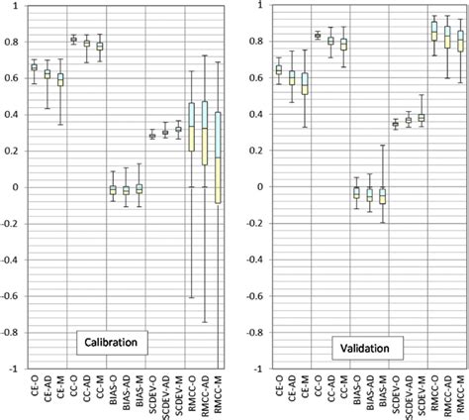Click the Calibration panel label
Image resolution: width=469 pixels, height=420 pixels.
pos(110,343)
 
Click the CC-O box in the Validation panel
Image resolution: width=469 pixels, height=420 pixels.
pos(318,35)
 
